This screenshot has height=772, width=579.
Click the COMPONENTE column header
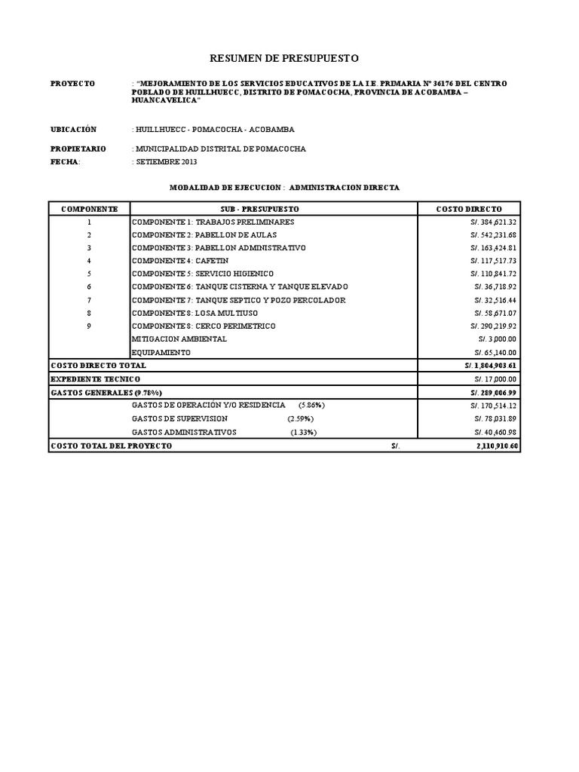89,209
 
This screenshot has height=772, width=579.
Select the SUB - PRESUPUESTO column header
274,209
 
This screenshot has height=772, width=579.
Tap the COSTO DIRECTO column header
468,209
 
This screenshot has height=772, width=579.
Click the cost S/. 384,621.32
494,222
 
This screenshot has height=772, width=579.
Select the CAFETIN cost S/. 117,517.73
494,261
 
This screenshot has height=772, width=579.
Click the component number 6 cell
89,287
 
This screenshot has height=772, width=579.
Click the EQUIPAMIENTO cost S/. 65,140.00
495,352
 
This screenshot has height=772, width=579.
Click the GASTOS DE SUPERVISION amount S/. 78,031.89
495,419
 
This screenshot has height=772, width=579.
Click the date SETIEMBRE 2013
166,162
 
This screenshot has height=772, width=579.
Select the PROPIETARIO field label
78,149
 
